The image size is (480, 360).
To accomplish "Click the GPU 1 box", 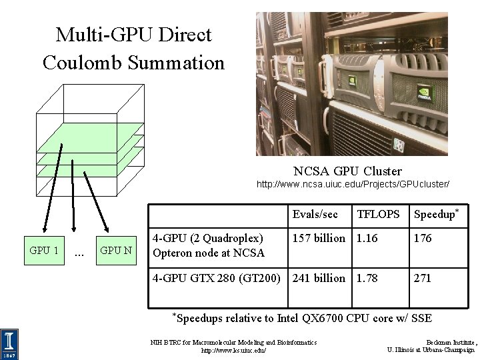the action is point(44,251).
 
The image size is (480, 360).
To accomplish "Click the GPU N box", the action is point(115,251).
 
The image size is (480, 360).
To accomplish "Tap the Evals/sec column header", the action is point(315,214).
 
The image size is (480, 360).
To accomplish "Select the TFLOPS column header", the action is point(379,214).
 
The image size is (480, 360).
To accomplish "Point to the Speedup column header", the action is point(436,214).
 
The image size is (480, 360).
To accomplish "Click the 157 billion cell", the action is point(319,238).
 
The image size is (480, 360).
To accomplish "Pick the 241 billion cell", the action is point(319,278).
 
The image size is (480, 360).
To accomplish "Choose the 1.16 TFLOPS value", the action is point(367,238).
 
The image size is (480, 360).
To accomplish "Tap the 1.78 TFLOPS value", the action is point(367,278).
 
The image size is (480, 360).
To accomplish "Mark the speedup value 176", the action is point(423,238).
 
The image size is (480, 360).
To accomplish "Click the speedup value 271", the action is point(423,278).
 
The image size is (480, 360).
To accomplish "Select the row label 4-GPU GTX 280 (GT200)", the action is point(216,278).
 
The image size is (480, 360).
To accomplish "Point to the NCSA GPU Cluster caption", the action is point(347,171).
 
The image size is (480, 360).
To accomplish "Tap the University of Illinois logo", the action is point(10,343).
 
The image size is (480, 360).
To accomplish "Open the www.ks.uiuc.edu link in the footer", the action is point(233,349).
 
